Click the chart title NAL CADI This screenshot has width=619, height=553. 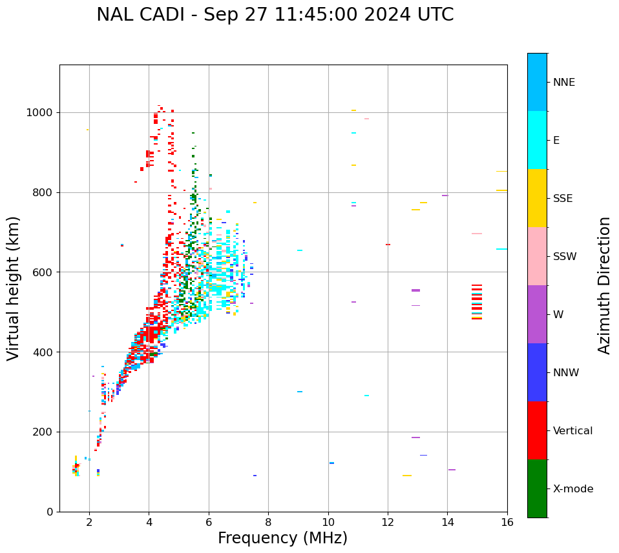tap(275, 15)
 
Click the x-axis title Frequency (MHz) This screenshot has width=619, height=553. tap(282, 538)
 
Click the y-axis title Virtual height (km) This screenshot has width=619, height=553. tap(14, 288)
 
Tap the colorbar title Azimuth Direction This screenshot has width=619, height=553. tap(604, 285)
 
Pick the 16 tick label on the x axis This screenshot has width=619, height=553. tap(507, 522)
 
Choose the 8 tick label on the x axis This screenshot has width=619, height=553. tap(268, 522)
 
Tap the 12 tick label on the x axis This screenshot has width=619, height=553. tap(388, 522)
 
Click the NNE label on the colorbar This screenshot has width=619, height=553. tap(564, 83)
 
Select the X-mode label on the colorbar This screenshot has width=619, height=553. tap(573, 489)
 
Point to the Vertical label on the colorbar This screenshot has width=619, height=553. tap(573, 431)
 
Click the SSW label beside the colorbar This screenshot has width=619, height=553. tap(565, 257)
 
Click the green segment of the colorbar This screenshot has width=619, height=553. tap(537, 488)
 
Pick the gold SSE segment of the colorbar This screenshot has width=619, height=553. tap(537, 198)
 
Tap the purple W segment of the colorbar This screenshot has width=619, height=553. tap(537, 314)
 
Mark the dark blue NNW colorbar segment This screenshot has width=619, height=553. tap(537, 372)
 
